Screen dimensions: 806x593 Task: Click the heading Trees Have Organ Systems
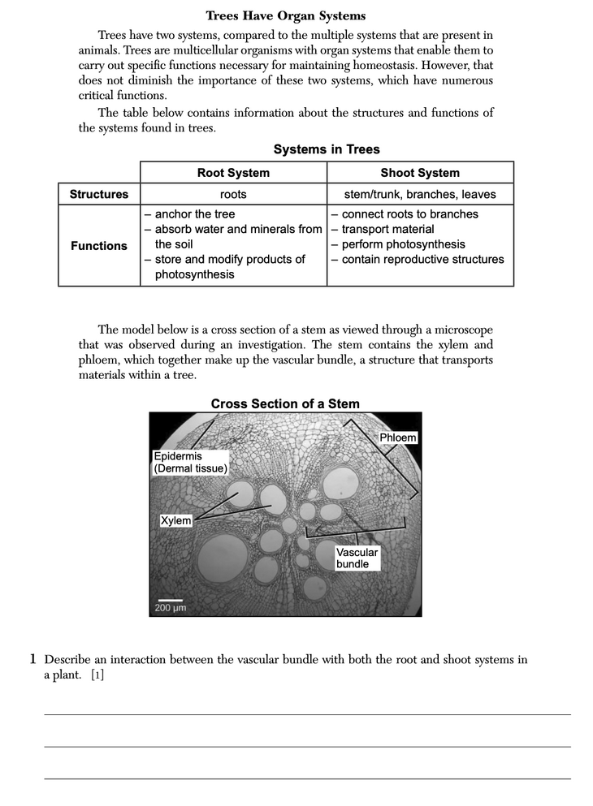point(285,15)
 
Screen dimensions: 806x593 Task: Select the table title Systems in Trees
point(327,149)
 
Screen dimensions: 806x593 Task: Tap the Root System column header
point(233,173)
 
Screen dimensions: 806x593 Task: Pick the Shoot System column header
point(420,173)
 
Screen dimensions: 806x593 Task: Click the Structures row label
point(99,194)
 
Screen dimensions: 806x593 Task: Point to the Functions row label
point(99,245)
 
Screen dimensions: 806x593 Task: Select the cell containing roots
point(233,195)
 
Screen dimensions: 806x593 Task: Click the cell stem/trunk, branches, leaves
point(420,195)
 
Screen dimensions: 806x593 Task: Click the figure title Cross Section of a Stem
point(285,403)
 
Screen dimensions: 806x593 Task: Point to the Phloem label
point(398,438)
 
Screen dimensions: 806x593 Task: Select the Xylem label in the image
point(176,520)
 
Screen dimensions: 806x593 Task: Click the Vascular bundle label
point(357,558)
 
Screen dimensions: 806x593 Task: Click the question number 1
point(35,660)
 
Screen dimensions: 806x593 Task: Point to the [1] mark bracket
point(97,676)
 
